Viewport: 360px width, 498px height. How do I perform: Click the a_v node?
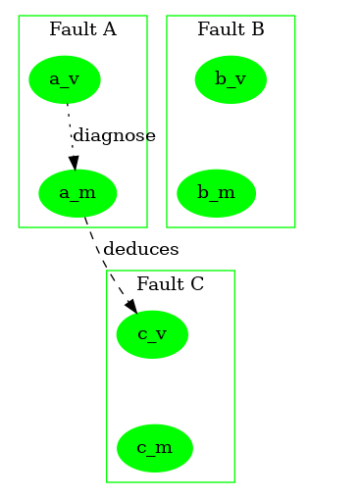coord(65,79)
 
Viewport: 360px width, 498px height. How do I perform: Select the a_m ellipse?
coord(77,193)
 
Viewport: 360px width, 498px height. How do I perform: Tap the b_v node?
coord(231,79)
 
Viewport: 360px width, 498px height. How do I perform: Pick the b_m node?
coord(216,193)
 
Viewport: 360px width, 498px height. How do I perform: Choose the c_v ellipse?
coord(152,334)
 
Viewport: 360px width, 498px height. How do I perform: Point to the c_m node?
coord(155,448)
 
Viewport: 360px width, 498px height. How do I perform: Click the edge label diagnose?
coord(114,136)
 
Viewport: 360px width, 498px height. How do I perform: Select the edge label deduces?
coord(140,249)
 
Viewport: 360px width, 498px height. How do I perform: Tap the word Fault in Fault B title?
coord(216,29)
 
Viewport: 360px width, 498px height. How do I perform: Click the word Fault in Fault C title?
coord(155,284)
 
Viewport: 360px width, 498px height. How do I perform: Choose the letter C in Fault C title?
coord(197,284)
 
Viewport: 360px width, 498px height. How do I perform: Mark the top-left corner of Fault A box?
coord(19,16)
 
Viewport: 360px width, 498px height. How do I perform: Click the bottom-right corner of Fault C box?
coord(234,482)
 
